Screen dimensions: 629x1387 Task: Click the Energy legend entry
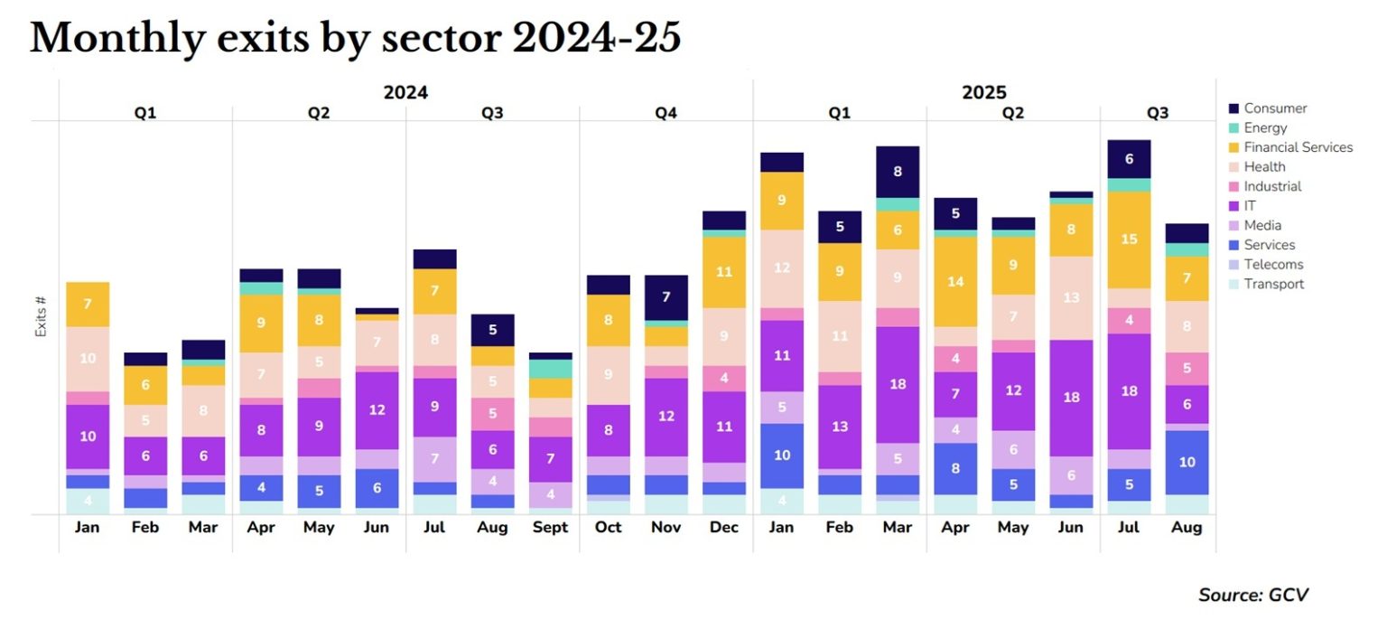(1265, 128)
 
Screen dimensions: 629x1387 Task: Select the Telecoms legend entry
(1273, 265)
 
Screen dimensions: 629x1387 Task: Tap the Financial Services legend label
(1298, 147)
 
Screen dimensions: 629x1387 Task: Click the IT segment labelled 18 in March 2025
(898, 384)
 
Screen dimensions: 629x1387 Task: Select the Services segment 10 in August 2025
(1187, 462)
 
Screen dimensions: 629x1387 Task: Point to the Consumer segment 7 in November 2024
(666, 297)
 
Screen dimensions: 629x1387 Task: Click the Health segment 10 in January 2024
(88, 359)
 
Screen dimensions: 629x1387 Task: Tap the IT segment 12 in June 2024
(377, 409)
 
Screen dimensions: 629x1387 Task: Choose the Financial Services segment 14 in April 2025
(955, 281)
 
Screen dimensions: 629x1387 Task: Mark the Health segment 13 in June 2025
(1071, 297)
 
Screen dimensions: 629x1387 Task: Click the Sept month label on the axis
(550, 528)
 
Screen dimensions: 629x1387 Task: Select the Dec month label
(723, 528)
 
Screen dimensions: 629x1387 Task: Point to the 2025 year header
(983, 92)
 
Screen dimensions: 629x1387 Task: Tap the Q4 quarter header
(666, 113)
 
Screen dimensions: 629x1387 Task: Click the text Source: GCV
(1252, 595)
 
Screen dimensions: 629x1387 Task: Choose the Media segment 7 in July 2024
(435, 459)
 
